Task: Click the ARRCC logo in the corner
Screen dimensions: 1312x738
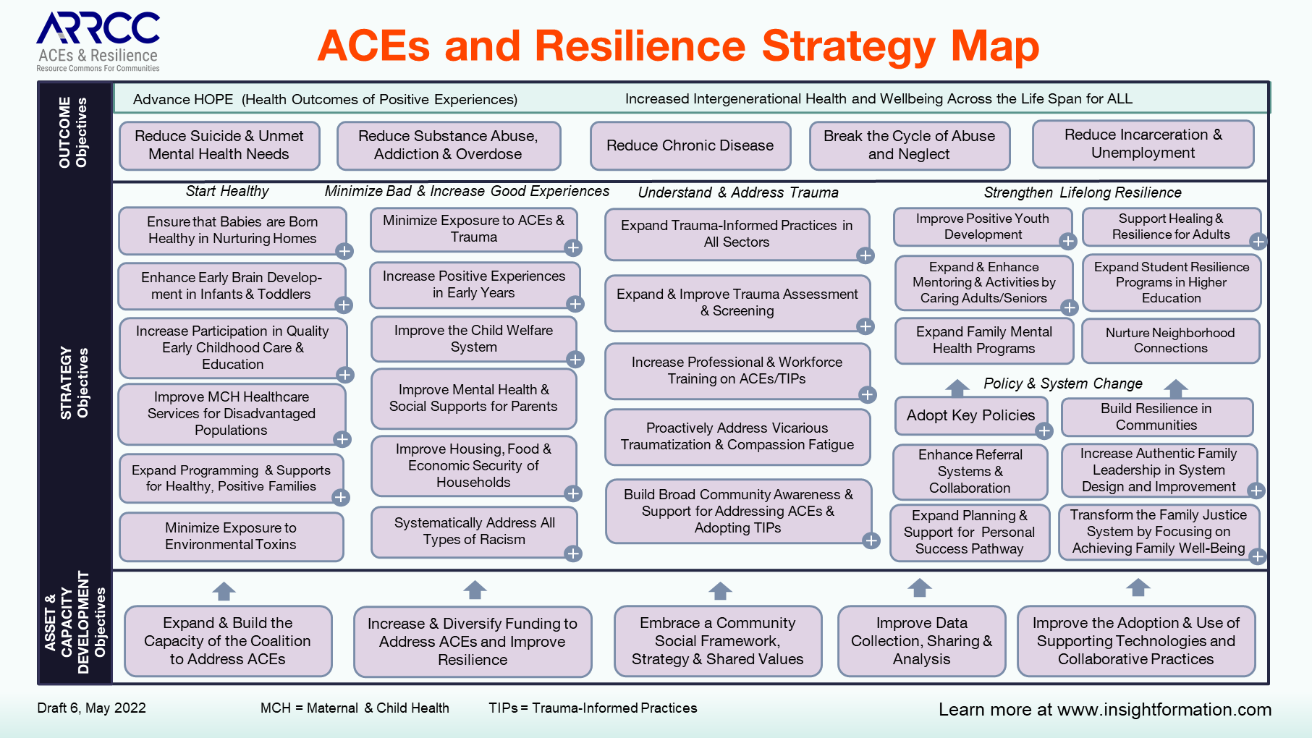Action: (x=98, y=42)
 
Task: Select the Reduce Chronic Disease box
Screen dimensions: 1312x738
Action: (x=690, y=145)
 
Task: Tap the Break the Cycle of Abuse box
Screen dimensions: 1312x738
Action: (x=909, y=145)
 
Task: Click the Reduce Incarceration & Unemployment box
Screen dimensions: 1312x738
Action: (x=1143, y=144)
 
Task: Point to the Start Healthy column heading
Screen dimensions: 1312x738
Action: (x=227, y=191)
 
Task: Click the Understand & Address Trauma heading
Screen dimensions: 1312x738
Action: (x=738, y=192)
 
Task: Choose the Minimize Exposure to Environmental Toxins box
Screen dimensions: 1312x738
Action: (x=231, y=536)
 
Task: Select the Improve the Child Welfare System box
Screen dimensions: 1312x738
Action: (x=474, y=339)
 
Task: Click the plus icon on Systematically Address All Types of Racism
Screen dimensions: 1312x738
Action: (x=573, y=553)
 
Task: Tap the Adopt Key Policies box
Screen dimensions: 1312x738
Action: (x=971, y=415)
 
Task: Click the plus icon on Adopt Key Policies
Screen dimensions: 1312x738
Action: (x=1044, y=431)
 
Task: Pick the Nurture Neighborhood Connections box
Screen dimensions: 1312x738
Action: (x=1170, y=340)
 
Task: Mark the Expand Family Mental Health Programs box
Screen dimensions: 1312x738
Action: (x=984, y=340)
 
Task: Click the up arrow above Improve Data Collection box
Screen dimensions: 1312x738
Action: (x=920, y=588)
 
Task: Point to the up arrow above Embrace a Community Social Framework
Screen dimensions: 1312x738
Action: (x=720, y=591)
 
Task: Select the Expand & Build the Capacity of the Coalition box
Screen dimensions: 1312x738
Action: (x=228, y=641)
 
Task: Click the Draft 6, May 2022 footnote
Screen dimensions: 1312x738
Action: (x=92, y=708)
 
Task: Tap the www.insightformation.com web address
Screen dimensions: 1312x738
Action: (x=1164, y=710)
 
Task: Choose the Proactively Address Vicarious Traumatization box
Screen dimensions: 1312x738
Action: (x=737, y=436)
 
